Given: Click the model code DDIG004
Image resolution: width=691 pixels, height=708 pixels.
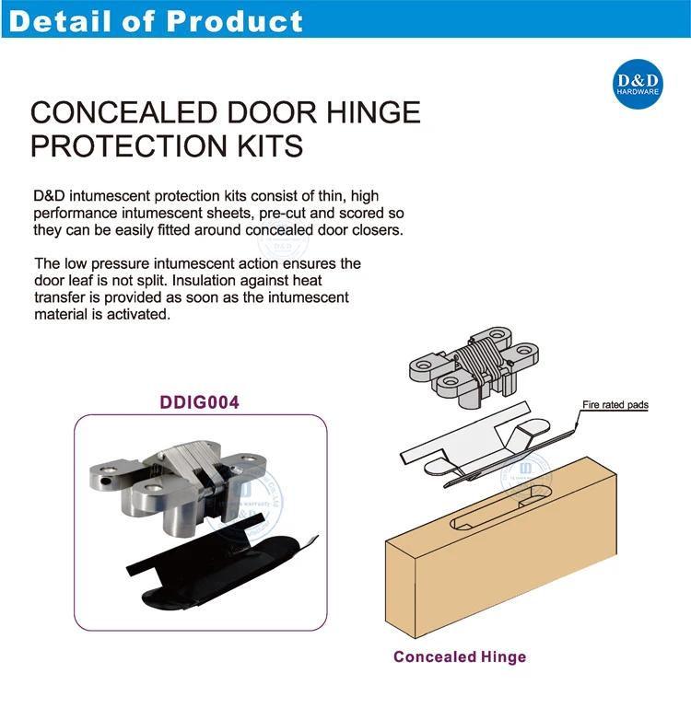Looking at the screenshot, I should coord(200,402).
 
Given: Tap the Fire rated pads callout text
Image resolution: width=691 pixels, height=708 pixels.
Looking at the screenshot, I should coord(615,404).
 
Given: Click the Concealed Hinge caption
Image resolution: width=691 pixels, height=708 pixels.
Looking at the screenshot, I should coord(460,656).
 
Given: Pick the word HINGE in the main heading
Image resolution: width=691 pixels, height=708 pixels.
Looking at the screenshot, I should coord(369,113).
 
